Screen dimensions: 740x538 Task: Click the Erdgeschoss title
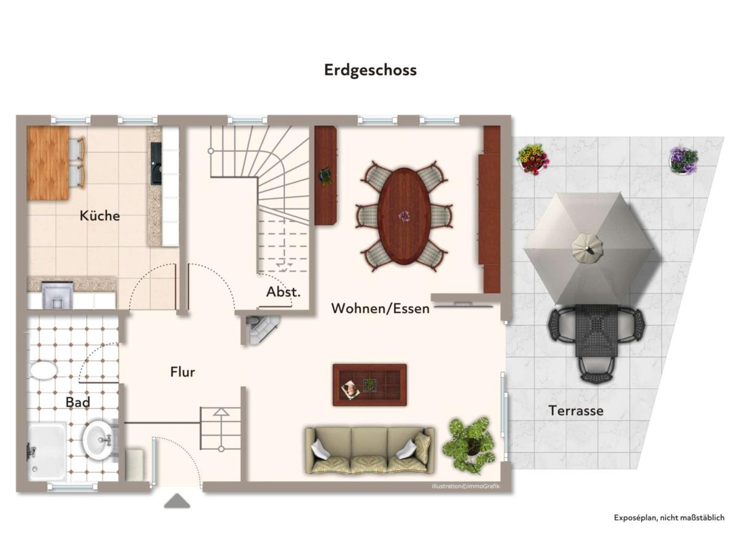coord(371,70)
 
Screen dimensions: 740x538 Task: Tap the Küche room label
coord(100,216)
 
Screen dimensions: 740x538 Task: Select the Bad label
coord(78,402)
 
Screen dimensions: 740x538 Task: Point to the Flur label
coord(183,372)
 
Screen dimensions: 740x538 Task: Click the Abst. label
coord(284,292)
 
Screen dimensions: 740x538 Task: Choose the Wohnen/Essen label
coord(380,308)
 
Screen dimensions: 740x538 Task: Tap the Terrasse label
coord(576,411)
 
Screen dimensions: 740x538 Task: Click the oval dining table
coord(405,217)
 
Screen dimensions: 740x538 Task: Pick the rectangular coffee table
coord(369,385)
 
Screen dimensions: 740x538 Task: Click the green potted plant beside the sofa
coord(469,445)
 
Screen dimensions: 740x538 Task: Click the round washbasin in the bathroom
coord(98,439)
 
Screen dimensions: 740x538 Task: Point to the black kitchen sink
coord(156,163)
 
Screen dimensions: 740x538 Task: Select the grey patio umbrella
coord(588,249)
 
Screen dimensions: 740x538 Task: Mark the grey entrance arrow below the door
coord(177,500)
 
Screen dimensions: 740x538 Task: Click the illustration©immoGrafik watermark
coord(466,486)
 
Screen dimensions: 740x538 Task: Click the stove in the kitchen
coord(57,295)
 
